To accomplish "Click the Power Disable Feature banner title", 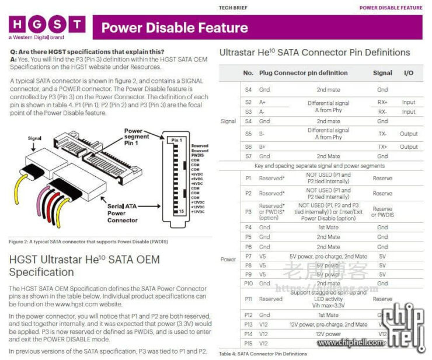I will (x=174, y=27).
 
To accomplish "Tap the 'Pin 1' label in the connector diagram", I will (x=177, y=141).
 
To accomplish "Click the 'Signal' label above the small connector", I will (x=34, y=138).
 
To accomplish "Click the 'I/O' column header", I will (x=408, y=73).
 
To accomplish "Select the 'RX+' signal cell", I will (x=382, y=102).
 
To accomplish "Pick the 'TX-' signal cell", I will (x=382, y=134).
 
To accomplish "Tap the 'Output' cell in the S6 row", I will (x=409, y=146).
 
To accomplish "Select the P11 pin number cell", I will (x=249, y=299).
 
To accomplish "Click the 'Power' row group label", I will (x=228, y=259).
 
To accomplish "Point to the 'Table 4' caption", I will (x=263, y=354).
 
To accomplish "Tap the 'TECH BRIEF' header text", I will (x=233, y=8).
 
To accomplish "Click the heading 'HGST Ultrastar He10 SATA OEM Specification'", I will (x=84, y=265).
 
